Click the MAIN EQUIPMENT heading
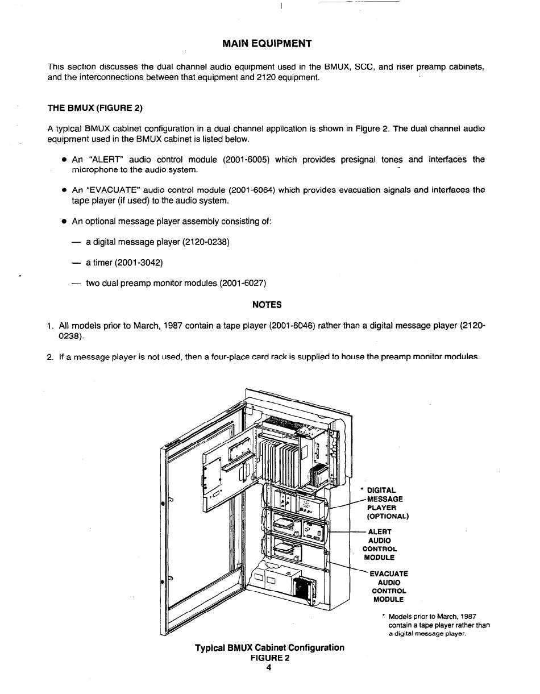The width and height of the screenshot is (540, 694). (267, 44)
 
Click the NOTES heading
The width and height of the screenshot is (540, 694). (267, 305)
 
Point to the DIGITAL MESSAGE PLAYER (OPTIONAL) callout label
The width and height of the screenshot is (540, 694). (387, 503)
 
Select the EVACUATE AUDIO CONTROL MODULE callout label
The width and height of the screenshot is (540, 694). (389, 587)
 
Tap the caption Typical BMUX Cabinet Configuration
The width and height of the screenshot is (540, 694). (269, 647)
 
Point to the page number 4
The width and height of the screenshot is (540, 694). (269, 667)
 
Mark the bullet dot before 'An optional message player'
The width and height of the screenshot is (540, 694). (65, 221)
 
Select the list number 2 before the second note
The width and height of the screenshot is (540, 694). (50, 357)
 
